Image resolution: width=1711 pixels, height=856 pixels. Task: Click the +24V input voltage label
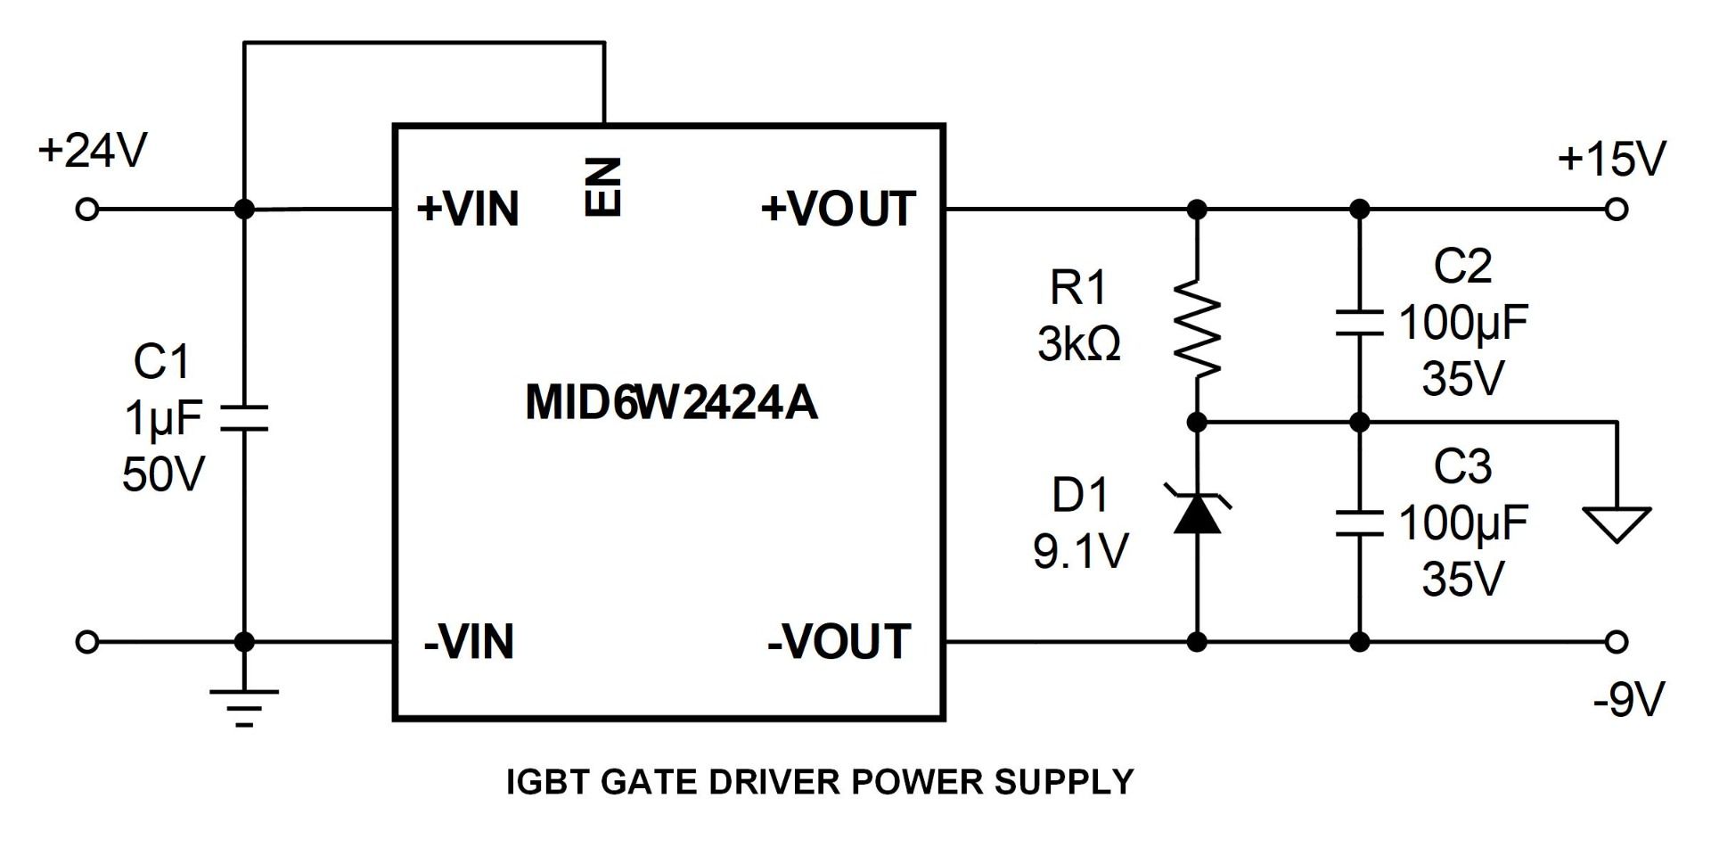click(92, 151)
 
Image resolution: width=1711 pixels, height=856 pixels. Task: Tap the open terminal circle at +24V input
click(86, 210)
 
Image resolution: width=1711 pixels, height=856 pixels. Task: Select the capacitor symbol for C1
click(243, 418)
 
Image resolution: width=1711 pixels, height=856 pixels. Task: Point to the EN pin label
click(603, 186)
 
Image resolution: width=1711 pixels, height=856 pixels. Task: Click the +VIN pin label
click(468, 210)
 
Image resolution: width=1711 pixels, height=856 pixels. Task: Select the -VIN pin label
click(469, 642)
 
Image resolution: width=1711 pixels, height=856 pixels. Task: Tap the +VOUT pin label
click(838, 210)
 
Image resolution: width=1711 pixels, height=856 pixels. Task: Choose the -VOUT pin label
click(839, 642)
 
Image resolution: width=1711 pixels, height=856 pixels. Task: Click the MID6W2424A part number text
click(671, 402)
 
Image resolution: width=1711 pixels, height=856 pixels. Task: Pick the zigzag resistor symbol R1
click(1197, 327)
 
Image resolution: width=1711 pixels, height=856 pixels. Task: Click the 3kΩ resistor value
click(1078, 344)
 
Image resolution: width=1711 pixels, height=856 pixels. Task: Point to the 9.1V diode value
click(1080, 551)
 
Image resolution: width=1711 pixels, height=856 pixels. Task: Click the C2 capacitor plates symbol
click(1359, 323)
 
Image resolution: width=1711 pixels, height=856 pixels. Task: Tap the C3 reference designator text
click(1462, 466)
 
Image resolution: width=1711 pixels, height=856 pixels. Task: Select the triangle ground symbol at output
click(1617, 523)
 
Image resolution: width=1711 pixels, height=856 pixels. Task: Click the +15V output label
click(1611, 160)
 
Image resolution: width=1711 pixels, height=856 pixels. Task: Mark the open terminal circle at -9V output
click(1617, 641)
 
